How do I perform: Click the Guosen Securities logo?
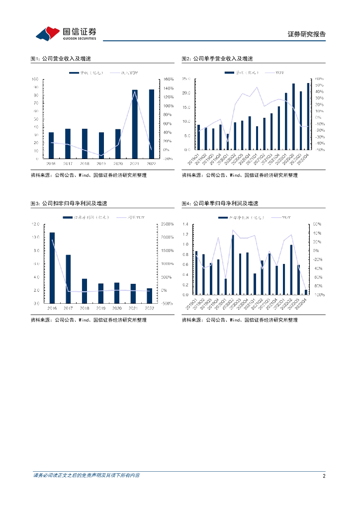67,34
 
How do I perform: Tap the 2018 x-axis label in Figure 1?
85,163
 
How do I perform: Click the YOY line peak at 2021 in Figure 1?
135,91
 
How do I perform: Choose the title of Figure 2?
217,59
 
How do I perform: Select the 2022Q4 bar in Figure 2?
308,116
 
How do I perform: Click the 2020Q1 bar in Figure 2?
228,142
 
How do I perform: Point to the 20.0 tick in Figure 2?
186,93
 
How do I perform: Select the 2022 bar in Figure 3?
149,296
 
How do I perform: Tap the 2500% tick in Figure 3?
167,224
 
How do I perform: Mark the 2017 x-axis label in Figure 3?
68,308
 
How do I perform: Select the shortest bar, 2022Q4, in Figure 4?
306,292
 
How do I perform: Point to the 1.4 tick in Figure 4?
185,224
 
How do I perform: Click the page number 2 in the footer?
324,476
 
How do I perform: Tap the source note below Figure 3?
89,320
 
